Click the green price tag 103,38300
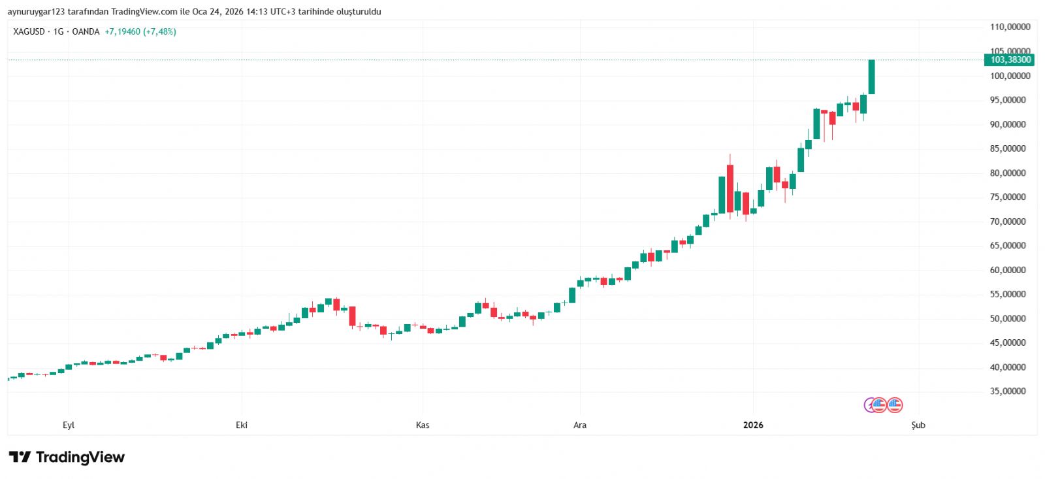point(1010,59)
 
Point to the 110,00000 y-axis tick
point(1010,27)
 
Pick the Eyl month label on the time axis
point(69,425)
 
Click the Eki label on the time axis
point(242,425)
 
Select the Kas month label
point(423,425)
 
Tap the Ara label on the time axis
point(580,425)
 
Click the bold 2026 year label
point(753,425)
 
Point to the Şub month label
point(918,425)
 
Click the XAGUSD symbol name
point(29,31)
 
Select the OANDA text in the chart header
point(86,31)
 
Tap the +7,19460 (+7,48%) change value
point(140,31)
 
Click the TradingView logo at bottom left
point(67,457)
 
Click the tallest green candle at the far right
point(871,76)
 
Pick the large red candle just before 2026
point(730,188)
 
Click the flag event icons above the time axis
point(884,405)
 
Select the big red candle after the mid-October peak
point(353,316)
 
